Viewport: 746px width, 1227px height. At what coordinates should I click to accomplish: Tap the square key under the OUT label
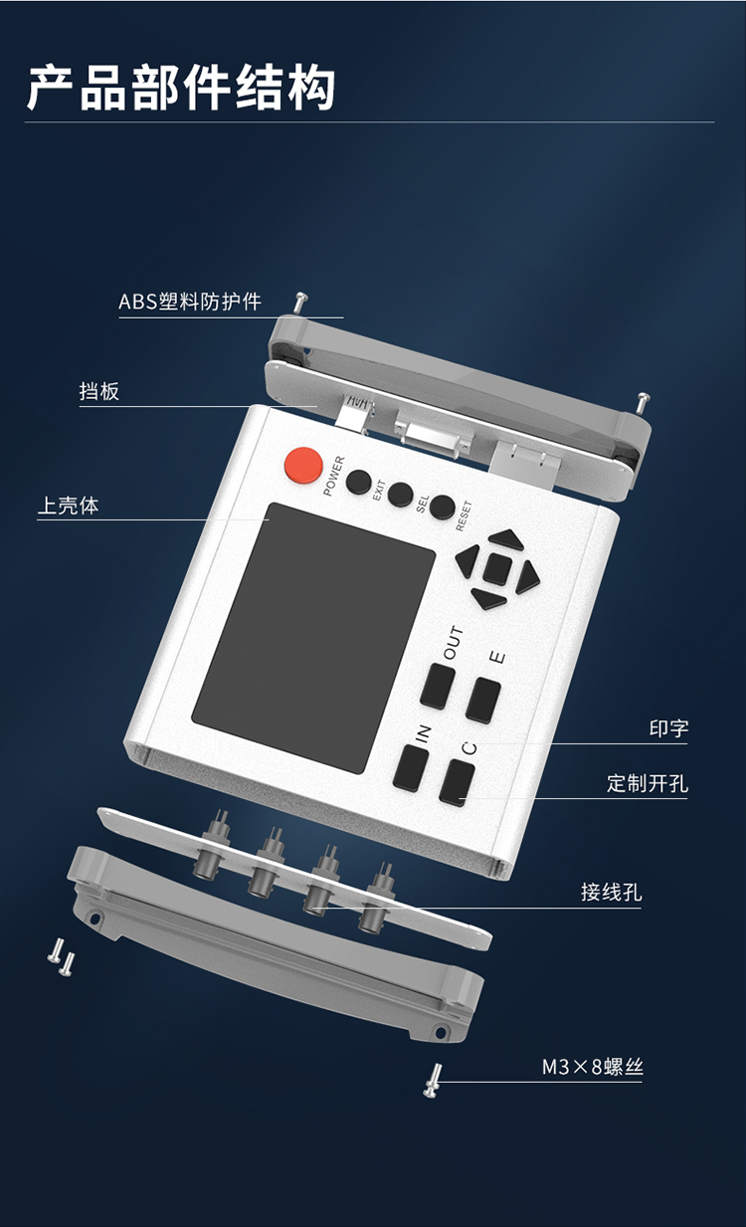coord(438,686)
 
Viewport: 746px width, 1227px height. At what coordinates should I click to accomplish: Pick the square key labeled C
coord(457,782)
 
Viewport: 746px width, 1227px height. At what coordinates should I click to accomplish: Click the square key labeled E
coord(484,699)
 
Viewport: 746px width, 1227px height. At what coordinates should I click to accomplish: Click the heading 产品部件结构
coord(181,88)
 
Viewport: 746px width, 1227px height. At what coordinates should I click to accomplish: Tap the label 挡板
coord(99,391)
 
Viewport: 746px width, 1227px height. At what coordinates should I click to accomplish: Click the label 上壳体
coord(69,506)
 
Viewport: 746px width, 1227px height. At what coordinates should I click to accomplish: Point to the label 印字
coord(667,728)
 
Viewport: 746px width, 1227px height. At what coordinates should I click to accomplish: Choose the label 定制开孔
coord(647,783)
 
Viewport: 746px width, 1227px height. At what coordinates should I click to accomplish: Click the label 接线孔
coord(611,892)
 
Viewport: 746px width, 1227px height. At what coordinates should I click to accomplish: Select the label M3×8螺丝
coord(592,1068)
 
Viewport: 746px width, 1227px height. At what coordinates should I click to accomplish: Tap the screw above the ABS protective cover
coord(300,300)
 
